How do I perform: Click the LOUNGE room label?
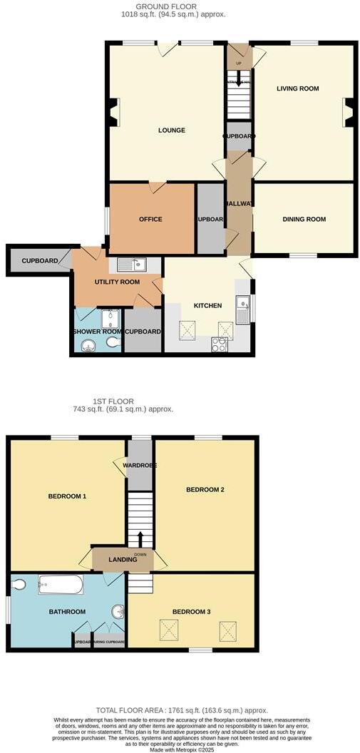(x=172, y=130)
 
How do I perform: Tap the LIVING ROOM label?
(x=298, y=88)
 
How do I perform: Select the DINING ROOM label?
(x=304, y=219)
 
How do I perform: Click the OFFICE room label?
(x=150, y=219)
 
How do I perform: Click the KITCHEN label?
(x=208, y=305)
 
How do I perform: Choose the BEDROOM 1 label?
(x=67, y=496)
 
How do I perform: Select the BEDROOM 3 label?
(x=192, y=611)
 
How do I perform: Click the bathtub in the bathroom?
(x=60, y=585)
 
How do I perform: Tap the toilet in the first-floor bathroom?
(x=19, y=585)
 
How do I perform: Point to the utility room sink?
(x=132, y=265)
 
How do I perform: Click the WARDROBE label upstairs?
(x=140, y=466)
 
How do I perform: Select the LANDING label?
(x=123, y=560)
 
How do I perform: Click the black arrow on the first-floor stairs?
(x=140, y=538)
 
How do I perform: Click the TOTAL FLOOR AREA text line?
(x=182, y=710)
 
